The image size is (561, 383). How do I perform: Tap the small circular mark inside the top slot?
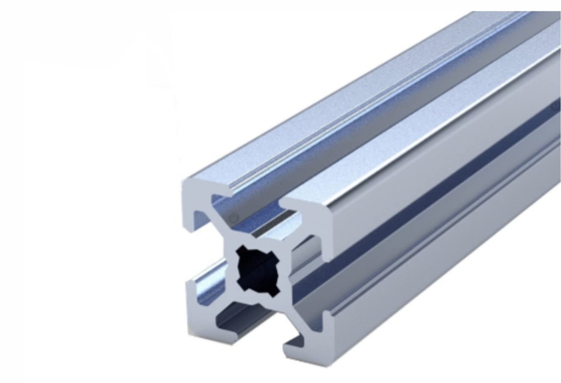point(234,217)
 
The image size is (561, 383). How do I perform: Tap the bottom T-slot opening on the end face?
point(257,328)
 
